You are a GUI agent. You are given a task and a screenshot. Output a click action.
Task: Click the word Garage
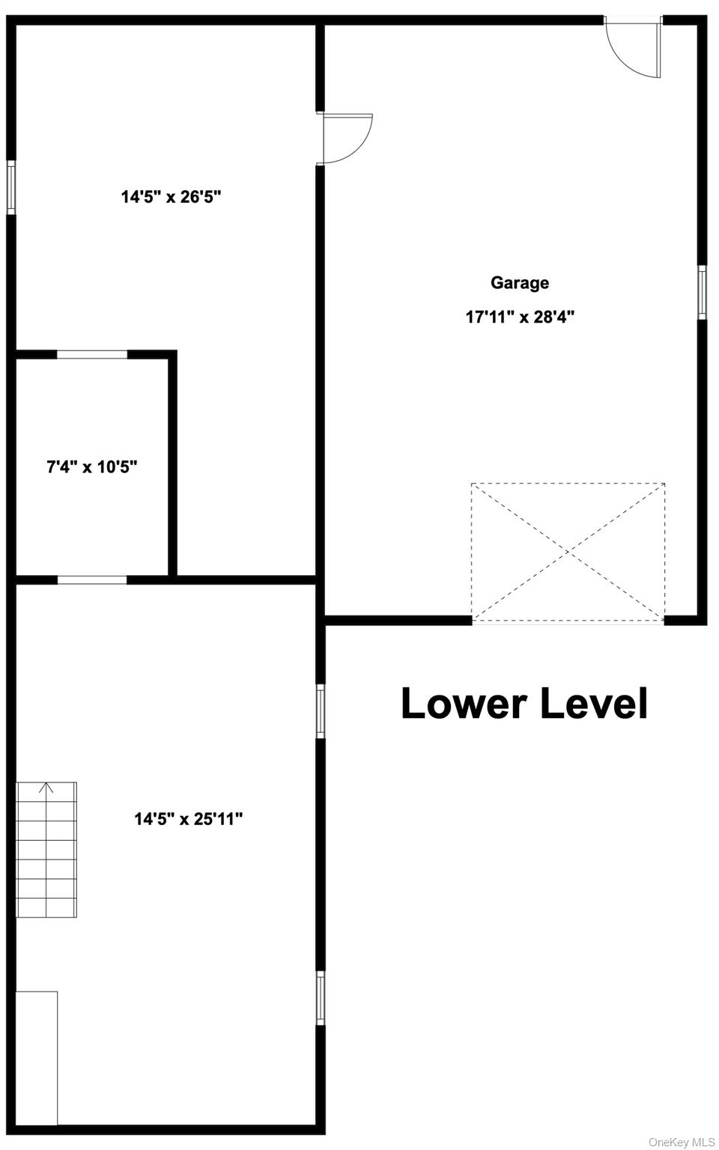520,283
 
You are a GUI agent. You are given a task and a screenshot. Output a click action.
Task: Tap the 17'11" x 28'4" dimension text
520,317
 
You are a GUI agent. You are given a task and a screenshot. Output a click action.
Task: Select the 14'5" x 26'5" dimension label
172,197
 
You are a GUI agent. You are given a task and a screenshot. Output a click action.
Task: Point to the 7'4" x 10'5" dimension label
92,467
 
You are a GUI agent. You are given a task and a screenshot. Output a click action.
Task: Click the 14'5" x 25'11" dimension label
189,819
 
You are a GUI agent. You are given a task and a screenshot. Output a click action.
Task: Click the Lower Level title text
524,704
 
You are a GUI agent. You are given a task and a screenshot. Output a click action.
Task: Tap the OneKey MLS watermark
682,1142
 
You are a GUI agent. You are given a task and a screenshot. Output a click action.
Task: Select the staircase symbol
46,850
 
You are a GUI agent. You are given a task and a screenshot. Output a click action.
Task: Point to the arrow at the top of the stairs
46,788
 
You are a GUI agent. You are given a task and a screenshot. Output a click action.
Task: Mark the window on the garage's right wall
702,292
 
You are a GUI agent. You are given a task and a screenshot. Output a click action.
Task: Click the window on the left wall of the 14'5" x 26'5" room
11,187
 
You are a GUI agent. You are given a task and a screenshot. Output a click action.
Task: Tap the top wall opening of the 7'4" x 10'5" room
92,354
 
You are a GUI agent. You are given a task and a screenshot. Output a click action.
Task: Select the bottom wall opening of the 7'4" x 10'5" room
92,579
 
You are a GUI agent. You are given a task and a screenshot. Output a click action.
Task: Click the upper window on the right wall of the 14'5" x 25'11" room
321,711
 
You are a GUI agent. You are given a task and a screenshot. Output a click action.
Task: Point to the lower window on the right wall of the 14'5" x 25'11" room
321,998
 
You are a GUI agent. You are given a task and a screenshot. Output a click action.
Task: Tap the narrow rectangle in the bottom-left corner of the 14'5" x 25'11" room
37,1057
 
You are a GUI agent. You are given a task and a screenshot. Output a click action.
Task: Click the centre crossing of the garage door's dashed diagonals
568,552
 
